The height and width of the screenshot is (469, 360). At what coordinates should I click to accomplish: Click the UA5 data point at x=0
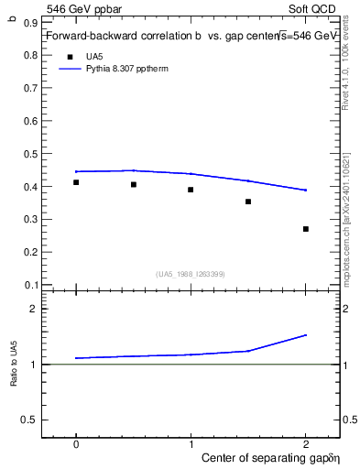(x=76, y=182)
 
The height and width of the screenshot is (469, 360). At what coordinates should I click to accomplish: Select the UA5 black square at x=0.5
(x=134, y=184)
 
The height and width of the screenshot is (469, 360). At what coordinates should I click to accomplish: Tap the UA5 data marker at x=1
(x=191, y=190)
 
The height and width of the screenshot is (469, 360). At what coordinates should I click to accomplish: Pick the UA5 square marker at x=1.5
(x=248, y=202)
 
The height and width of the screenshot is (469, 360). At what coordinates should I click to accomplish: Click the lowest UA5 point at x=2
(x=306, y=229)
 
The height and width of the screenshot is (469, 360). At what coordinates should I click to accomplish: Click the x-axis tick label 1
(x=191, y=442)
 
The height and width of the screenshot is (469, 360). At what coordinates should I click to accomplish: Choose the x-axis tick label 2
(x=306, y=442)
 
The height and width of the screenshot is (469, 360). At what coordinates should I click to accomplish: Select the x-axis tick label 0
(x=76, y=442)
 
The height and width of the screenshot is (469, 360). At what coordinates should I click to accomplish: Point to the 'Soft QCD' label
(x=315, y=7)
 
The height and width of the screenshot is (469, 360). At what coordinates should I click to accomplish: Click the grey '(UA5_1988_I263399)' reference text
(x=191, y=274)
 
